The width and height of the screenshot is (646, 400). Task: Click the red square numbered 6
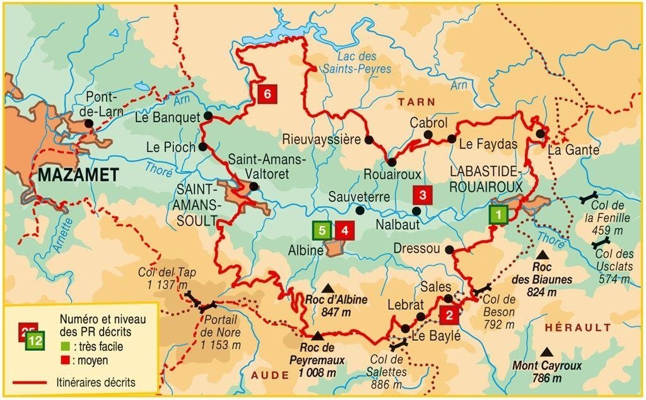click(267, 94)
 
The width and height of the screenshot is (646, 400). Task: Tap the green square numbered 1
click(498, 215)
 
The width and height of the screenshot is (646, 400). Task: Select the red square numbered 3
click(423, 195)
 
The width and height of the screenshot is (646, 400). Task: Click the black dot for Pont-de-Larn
click(89, 123)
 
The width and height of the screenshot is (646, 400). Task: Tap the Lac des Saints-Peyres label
click(364, 63)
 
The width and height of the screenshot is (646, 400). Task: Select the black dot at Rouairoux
click(392, 162)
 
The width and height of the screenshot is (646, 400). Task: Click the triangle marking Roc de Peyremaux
click(317, 335)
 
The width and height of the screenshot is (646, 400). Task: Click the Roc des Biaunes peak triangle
click(542, 255)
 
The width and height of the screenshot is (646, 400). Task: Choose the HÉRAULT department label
click(577, 328)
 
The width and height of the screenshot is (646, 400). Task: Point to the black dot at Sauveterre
click(360, 210)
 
